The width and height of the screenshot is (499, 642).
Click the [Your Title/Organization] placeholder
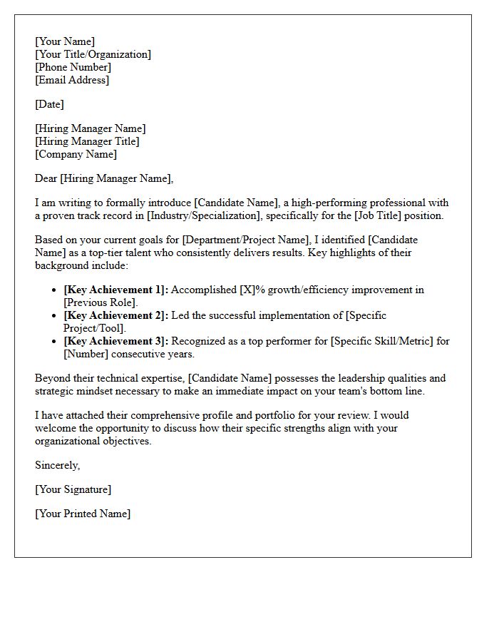click(93, 54)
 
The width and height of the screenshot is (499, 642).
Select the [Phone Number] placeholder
click(73, 67)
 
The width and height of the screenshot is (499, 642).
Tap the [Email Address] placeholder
click(72, 80)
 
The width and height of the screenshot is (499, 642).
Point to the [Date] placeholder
click(49, 104)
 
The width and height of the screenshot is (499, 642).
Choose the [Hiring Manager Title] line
click(87, 141)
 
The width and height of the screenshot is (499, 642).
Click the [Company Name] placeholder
click(76, 154)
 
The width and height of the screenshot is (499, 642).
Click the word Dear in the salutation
click(46, 178)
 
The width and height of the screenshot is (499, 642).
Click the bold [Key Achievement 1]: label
click(116, 290)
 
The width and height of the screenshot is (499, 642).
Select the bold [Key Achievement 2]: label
click(116, 315)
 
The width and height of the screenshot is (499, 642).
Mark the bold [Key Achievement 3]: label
click(116, 341)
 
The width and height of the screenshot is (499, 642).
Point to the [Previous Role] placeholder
click(101, 302)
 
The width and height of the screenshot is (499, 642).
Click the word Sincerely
click(57, 465)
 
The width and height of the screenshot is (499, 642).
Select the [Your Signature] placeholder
click(73, 489)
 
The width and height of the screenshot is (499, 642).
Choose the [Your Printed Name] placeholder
click(83, 514)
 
